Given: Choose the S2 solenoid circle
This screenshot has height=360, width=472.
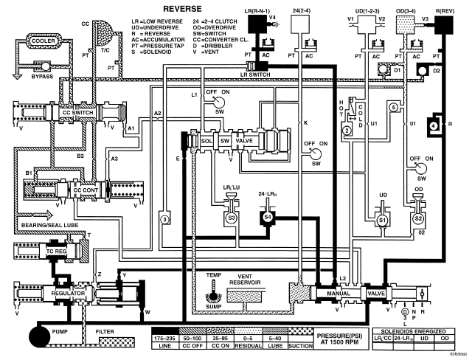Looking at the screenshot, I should click(418, 220).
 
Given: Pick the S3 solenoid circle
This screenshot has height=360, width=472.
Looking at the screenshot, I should click(231, 218).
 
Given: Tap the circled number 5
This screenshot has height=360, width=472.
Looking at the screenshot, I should click(394, 108).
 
